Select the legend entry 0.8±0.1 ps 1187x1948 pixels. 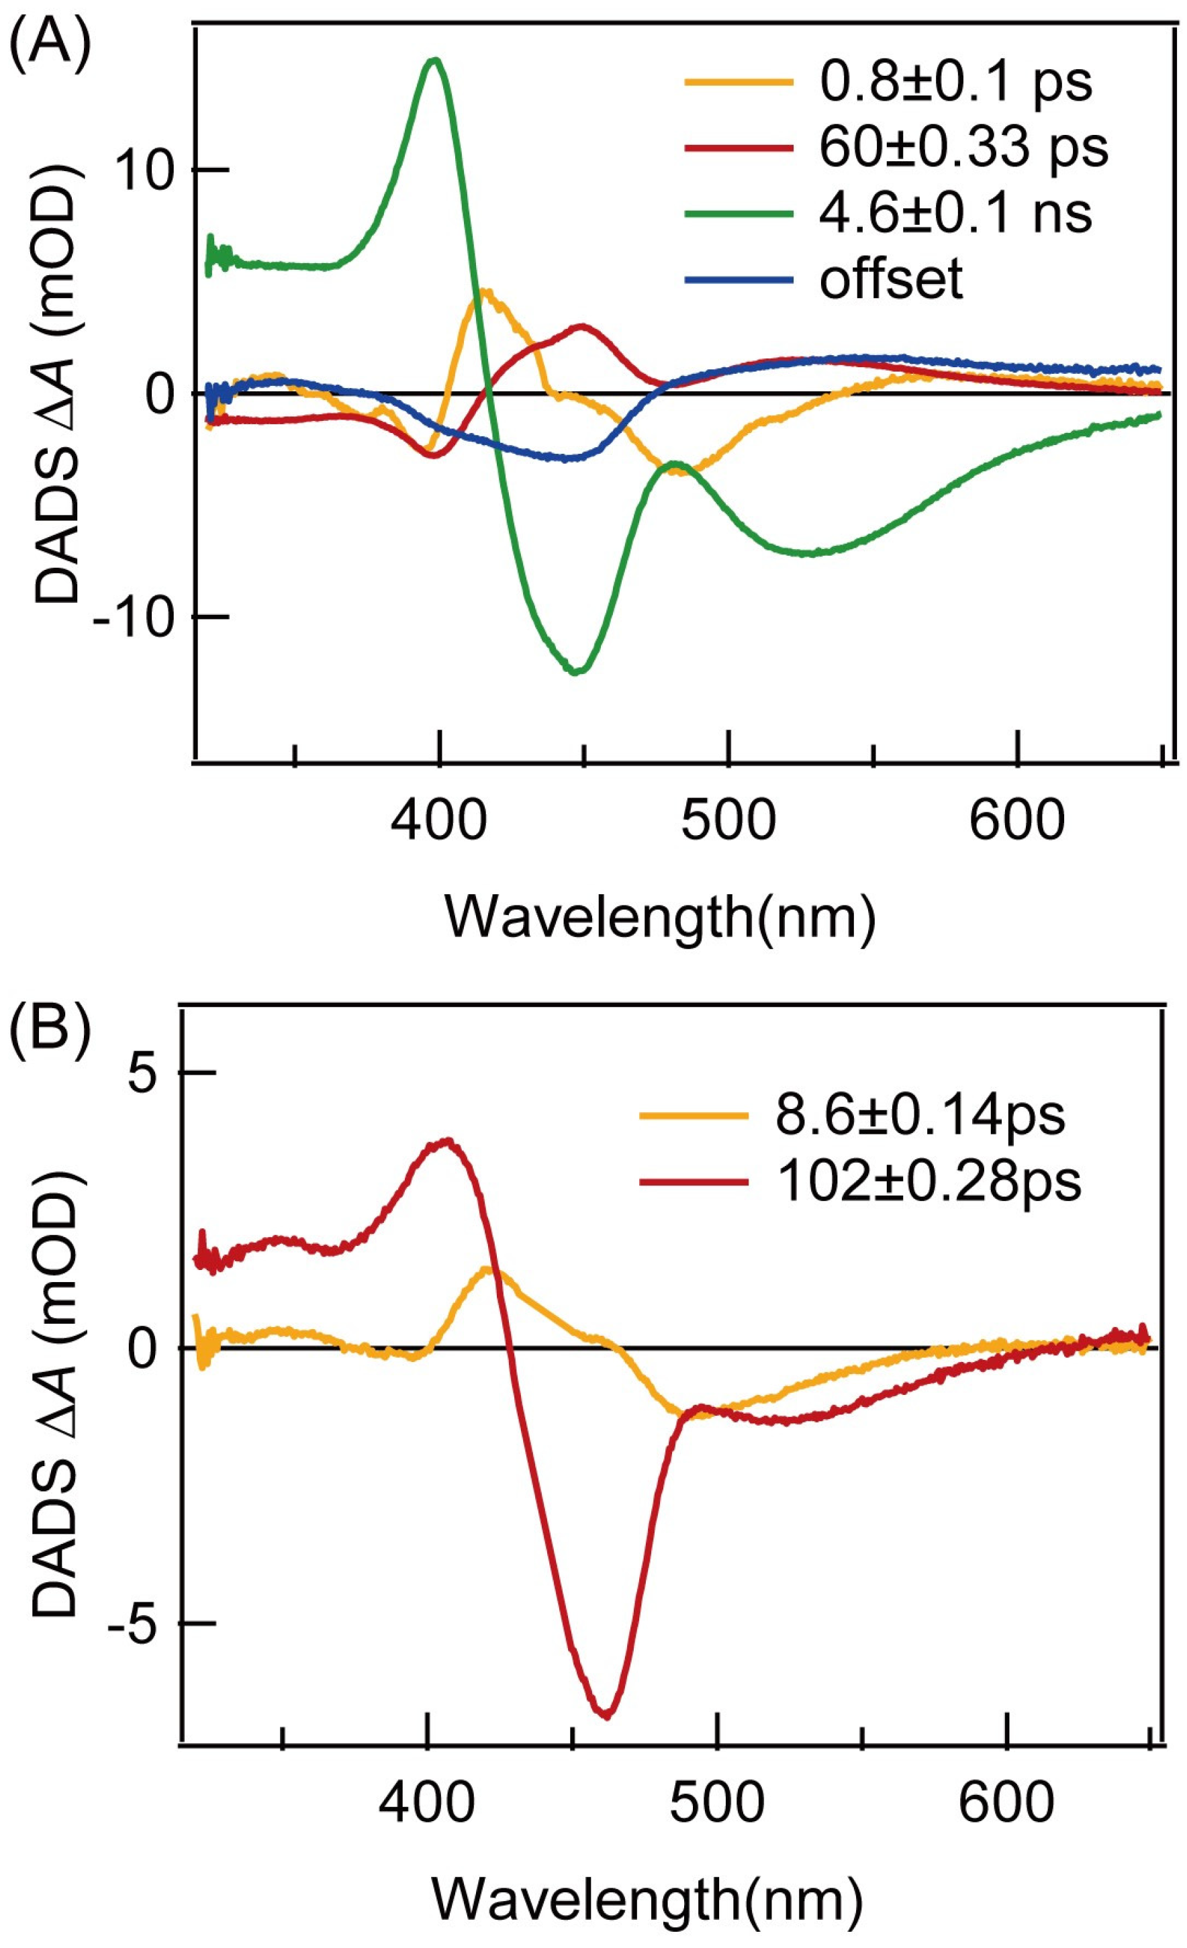955,82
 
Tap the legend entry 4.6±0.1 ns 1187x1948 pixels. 955,213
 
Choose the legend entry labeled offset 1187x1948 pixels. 891,279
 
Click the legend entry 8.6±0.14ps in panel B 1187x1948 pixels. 920,1116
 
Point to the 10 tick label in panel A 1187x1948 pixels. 145,170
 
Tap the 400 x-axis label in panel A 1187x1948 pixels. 439,821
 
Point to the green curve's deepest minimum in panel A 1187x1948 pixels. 577,672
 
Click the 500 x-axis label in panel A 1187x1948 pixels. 728,821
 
